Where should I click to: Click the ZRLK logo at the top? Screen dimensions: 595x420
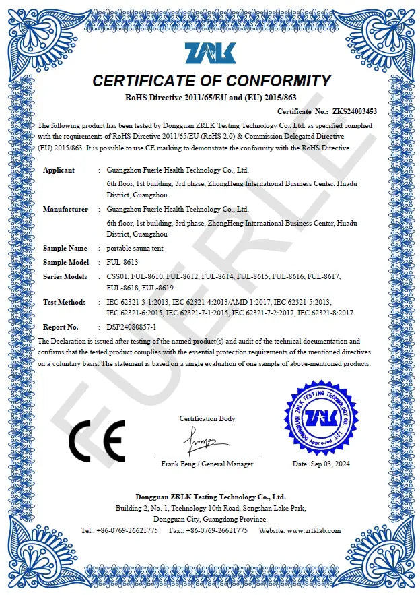pos(210,53)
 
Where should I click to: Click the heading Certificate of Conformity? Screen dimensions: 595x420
pos(211,82)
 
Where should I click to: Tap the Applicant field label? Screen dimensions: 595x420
pos(59,170)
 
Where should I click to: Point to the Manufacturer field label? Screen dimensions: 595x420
pos(65,209)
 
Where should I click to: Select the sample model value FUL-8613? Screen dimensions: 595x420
pos(123,262)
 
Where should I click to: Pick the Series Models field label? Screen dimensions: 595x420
pos(65,276)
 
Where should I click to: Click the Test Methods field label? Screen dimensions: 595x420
pos(65,302)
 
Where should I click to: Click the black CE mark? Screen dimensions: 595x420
pos(96,441)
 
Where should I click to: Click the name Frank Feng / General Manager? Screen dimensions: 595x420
pos(207,464)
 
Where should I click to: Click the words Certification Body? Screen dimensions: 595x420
pos(207,418)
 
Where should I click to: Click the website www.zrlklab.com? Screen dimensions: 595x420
pos(314,530)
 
